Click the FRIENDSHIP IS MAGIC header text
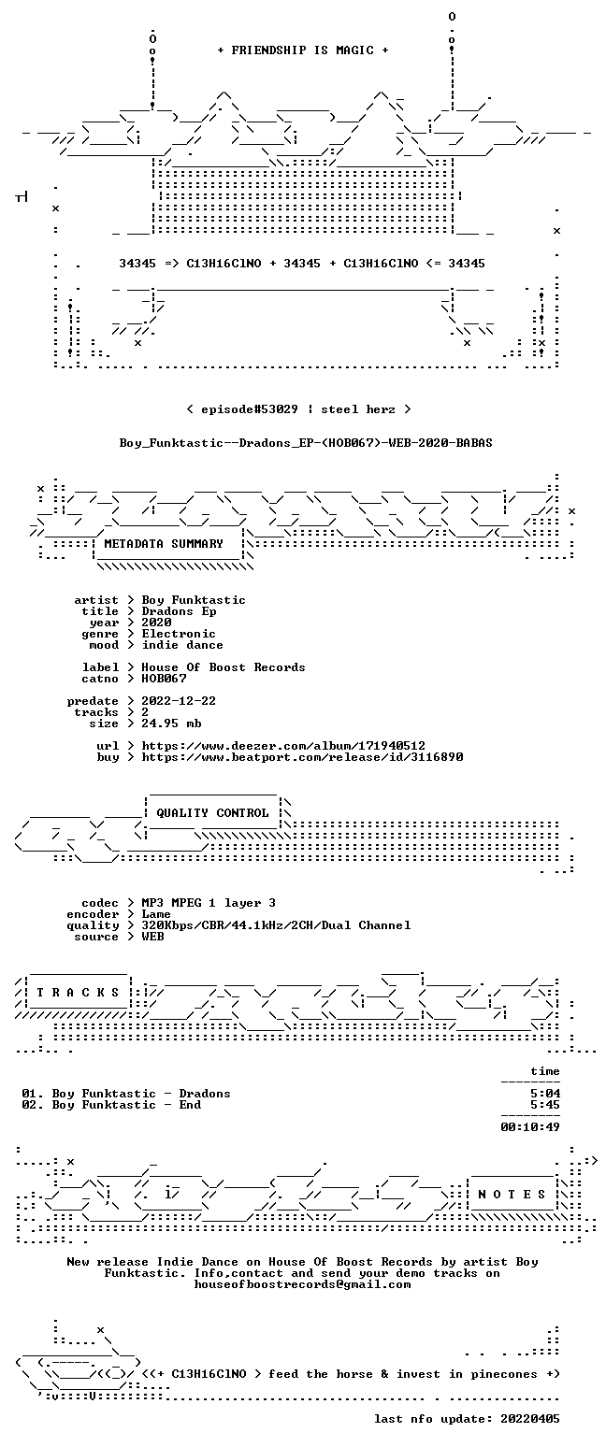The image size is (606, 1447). point(303,50)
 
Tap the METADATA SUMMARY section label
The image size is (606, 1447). point(164,544)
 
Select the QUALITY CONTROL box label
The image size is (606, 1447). point(212,813)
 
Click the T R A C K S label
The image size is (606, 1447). point(79,993)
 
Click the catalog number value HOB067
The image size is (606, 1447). point(164,679)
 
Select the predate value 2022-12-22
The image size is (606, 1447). point(179,702)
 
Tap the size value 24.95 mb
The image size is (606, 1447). point(171,724)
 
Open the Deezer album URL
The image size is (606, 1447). point(283,746)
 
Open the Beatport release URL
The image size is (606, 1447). point(302,757)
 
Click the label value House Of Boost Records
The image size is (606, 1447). point(224,668)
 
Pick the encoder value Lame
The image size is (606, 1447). point(156,915)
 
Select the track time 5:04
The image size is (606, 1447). point(545,1094)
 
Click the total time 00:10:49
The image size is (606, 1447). point(530,1127)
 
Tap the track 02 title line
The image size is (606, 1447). point(112,1105)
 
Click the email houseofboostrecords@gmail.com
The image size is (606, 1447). point(302,1284)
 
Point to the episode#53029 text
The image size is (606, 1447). point(250,409)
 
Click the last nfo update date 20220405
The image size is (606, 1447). point(530,1419)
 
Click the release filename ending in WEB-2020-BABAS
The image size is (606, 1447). point(306,443)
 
